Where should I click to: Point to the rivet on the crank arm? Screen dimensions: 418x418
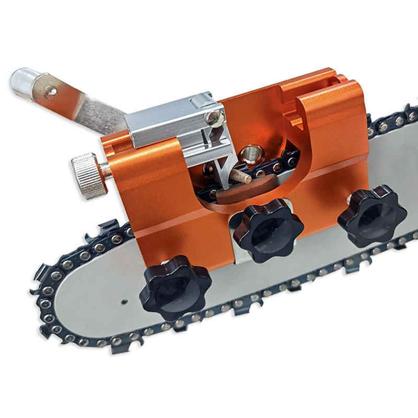tap(50, 92)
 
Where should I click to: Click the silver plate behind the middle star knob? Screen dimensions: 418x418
tap(238, 256)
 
